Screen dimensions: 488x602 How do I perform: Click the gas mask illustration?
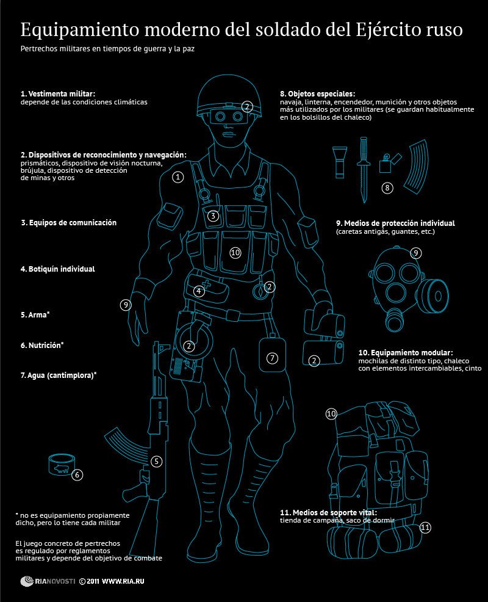pos(408,290)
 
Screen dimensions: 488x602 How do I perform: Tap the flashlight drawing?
pos(340,162)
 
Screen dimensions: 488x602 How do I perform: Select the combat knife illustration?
pos(364,169)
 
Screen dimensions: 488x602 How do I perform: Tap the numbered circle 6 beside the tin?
pos(77,475)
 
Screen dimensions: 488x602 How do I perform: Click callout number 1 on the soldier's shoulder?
pos(178,177)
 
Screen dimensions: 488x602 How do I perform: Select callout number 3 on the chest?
pos(213,216)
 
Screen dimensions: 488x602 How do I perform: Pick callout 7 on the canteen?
pos(273,358)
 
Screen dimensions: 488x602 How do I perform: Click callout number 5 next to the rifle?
pos(157,461)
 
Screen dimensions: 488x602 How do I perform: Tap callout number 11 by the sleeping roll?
pos(425,528)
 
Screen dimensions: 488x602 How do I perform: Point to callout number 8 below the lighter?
pos(387,187)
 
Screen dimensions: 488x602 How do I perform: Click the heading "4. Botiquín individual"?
pos(57,269)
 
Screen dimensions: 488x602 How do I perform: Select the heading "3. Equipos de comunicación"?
pos(69,223)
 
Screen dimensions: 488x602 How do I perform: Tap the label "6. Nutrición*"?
pos(42,345)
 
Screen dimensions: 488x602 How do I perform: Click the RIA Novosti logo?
pos(48,581)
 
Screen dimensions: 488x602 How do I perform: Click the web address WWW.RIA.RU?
pos(123,581)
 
